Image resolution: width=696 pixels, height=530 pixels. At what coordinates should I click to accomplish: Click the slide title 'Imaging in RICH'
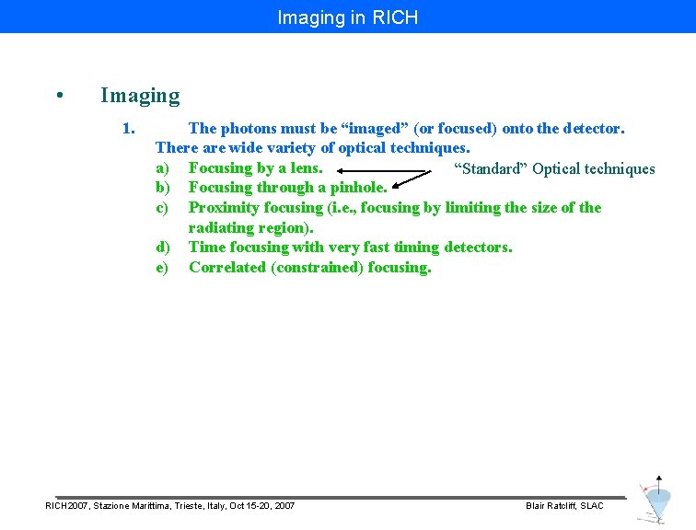click(347, 17)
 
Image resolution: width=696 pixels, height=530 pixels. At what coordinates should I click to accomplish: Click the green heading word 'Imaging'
click(140, 95)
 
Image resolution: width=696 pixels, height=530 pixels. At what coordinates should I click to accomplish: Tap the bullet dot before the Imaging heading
click(59, 96)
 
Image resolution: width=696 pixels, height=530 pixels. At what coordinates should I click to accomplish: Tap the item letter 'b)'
click(163, 188)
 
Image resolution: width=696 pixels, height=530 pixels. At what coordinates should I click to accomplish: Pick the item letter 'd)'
click(163, 247)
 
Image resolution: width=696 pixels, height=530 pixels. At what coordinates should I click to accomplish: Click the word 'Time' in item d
click(206, 247)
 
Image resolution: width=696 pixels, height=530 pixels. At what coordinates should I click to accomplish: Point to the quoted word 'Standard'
click(492, 168)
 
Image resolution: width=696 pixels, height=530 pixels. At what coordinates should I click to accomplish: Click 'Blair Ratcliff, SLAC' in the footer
click(564, 506)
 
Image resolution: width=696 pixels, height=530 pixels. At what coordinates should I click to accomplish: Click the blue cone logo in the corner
click(656, 501)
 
